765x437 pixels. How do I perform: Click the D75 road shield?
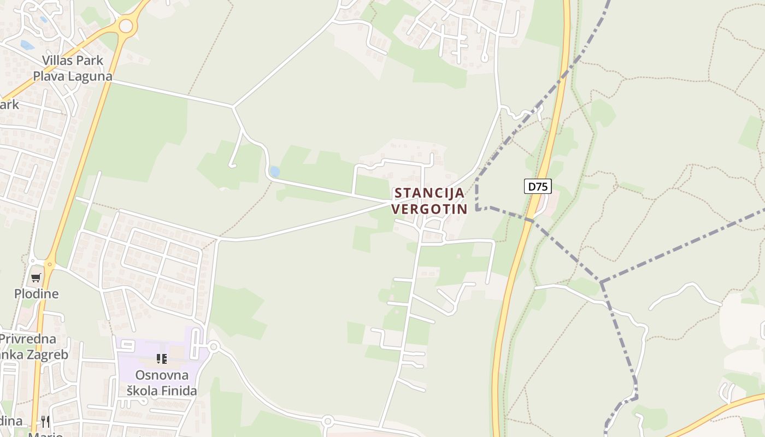538,186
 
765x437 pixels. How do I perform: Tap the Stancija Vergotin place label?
429,200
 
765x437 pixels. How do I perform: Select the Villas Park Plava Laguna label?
73,68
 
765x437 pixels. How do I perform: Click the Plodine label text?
36,293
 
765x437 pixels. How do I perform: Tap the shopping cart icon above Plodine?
36,277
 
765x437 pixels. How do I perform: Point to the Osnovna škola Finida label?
162,383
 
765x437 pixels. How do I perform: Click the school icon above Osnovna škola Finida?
162,359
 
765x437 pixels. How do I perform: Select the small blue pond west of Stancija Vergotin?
274,172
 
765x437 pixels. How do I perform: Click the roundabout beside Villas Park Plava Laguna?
126,26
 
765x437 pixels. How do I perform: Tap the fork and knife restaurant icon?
45,421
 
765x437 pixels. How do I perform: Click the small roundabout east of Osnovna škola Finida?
214,346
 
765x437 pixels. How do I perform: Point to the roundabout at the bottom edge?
327,421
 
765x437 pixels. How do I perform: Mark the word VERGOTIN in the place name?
429,209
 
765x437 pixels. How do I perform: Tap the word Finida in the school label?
177,391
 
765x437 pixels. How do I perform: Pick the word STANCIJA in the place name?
429,193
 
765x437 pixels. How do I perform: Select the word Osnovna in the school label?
162,375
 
